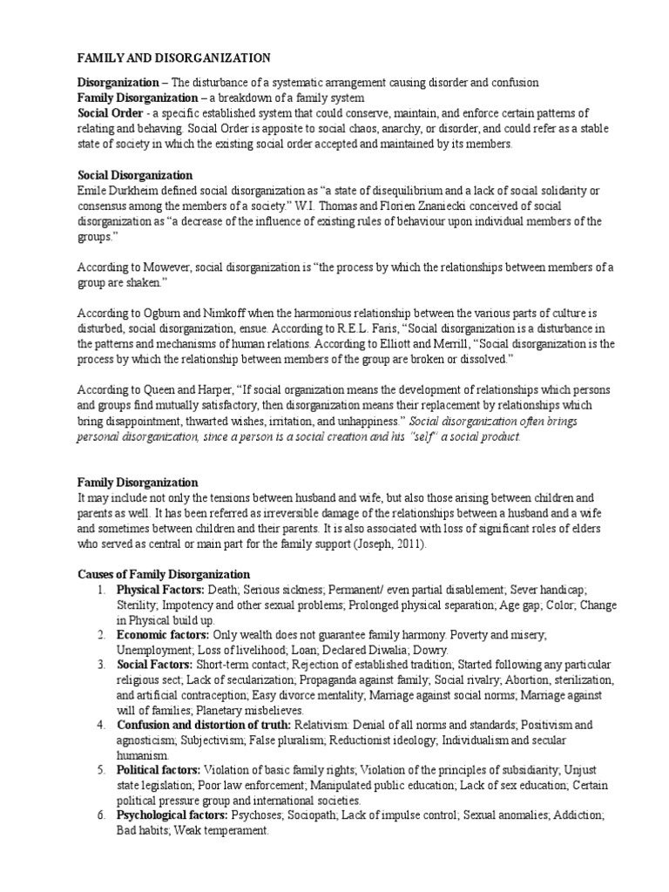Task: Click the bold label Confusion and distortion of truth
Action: point(204,725)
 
